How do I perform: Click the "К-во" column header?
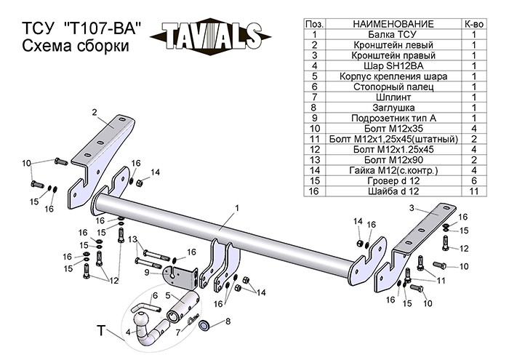click(473, 24)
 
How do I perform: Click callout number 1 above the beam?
click(237, 209)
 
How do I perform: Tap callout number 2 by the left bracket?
click(95, 111)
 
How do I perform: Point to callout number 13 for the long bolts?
click(132, 239)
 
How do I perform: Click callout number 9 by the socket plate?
click(148, 272)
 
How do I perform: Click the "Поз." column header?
click(313, 24)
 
